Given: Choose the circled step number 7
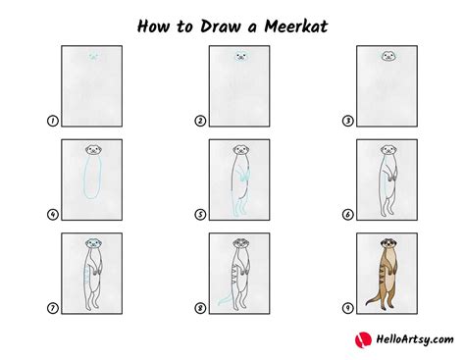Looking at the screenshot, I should coord(53,309).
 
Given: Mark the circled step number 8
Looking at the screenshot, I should coord(200,309).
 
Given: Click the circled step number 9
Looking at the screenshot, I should coord(347,309).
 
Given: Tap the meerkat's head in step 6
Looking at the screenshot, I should coord(388,151).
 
